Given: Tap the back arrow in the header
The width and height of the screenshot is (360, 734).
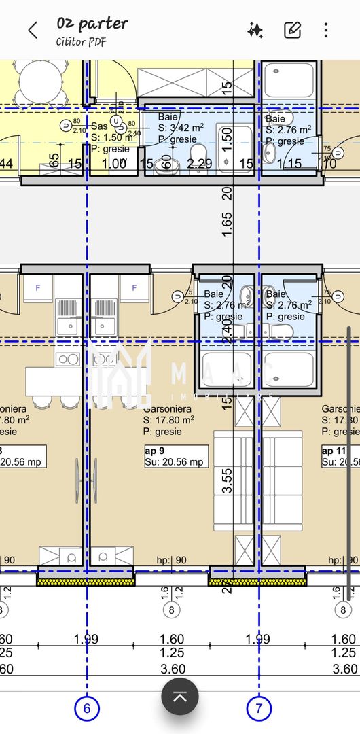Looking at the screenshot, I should [x=33, y=30].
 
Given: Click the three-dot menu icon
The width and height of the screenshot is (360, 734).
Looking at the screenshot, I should [x=326, y=30].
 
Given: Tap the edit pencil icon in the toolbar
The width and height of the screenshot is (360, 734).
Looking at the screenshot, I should [x=292, y=30].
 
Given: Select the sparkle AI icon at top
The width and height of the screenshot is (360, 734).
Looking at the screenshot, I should [x=255, y=30].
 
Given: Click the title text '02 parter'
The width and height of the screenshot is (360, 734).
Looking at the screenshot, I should [x=92, y=24].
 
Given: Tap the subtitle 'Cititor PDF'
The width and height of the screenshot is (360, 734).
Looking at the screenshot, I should [x=81, y=41].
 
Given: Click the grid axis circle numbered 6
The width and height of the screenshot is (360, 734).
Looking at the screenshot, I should [x=87, y=709].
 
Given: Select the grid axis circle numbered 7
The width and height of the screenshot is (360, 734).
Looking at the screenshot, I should [x=259, y=709].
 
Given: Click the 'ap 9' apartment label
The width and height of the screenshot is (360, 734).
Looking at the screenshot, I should [x=155, y=450].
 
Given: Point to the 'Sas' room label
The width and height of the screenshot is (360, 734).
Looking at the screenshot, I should [x=99, y=126].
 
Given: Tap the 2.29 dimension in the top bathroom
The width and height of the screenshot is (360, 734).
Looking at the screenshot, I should [x=200, y=163].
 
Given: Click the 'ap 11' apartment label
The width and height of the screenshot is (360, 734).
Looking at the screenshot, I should [x=334, y=450].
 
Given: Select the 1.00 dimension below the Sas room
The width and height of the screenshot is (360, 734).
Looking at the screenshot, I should [x=114, y=163].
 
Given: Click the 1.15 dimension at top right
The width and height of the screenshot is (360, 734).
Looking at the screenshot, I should [x=289, y=163].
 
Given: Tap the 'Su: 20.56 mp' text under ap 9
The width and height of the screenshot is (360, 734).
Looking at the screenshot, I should [x=174, y=462].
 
